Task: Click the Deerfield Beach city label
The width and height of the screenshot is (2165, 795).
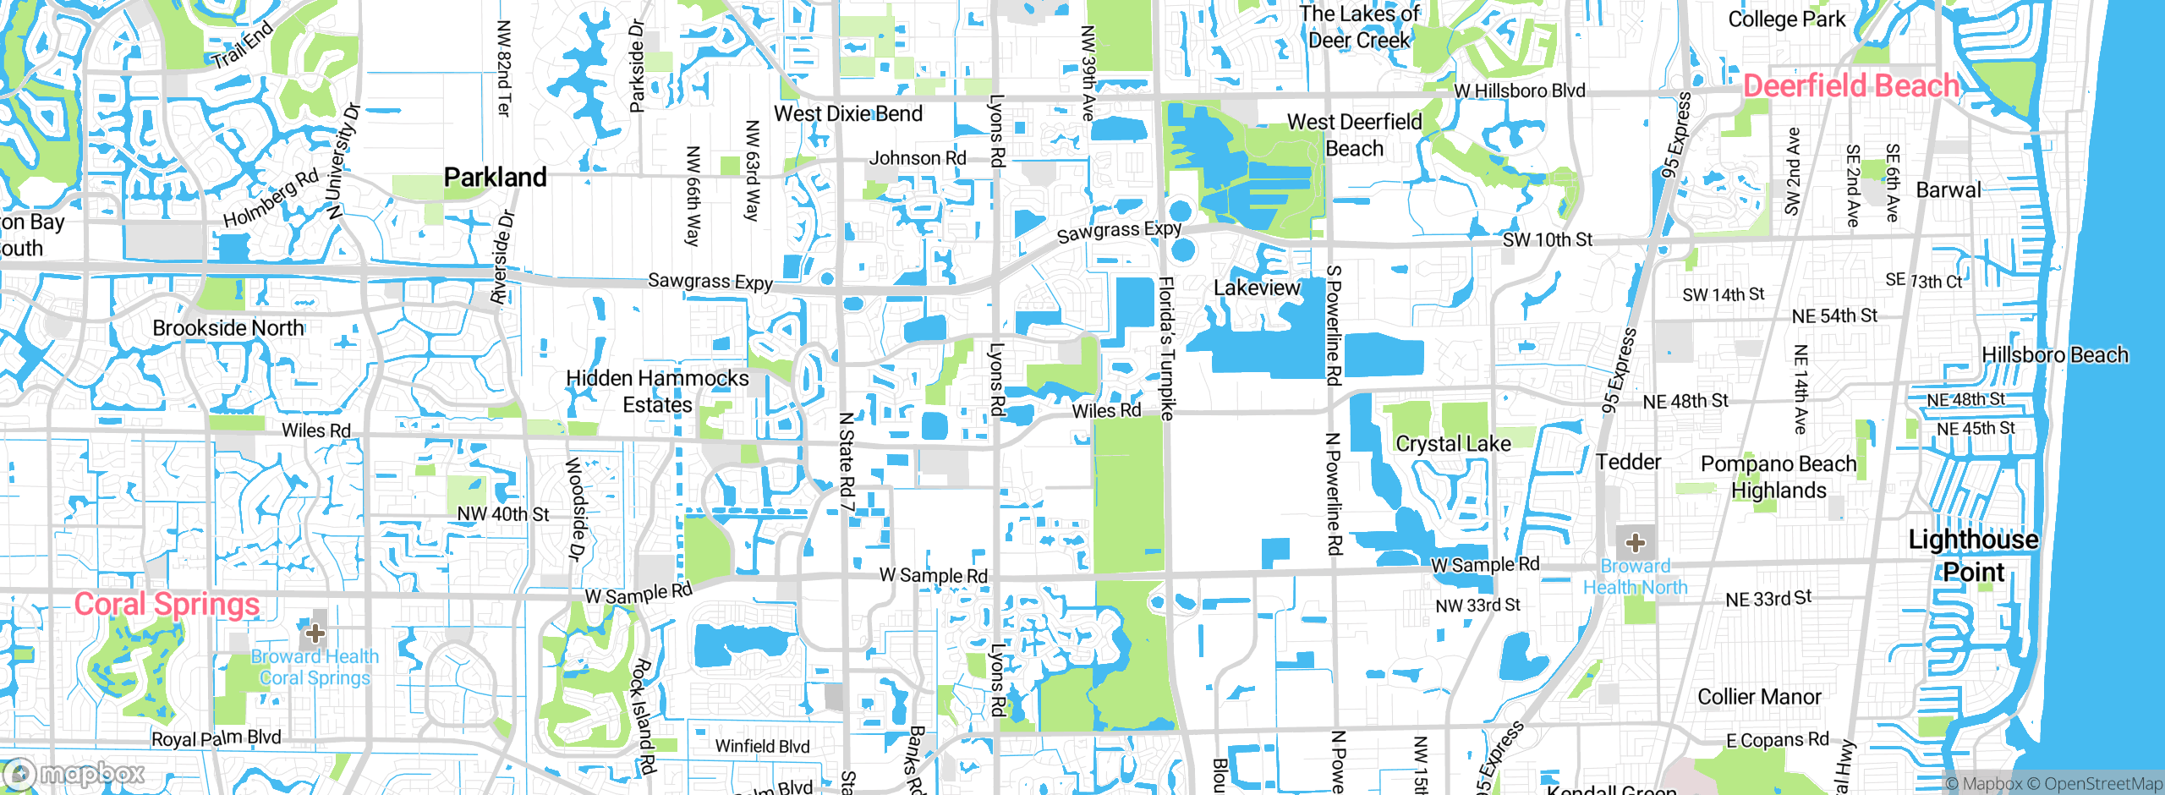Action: point(1850,86)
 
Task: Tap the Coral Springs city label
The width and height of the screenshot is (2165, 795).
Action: point(167,604)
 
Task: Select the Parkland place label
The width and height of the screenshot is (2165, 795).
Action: point(495,178)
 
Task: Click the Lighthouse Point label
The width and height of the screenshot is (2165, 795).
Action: point(1973,556)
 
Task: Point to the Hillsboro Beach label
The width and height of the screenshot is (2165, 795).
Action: point(2054,355)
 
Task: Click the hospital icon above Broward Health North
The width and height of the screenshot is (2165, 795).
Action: point(1635,542)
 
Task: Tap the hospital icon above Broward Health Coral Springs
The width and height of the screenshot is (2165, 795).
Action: point(315,633)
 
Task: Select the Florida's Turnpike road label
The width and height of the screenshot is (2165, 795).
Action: point(1166,348)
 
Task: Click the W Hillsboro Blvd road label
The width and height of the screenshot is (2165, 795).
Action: point(1519,90)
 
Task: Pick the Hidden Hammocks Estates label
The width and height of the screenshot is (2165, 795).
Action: point(657,392)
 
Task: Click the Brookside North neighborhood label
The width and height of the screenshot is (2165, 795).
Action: point(228,328)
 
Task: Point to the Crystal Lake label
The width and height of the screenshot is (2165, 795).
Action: point(1453,444)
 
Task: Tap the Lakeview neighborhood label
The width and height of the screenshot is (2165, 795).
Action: point(1257,288)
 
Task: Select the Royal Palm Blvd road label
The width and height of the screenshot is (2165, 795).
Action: point(216,738)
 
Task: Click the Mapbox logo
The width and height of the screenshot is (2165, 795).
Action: point(74,774)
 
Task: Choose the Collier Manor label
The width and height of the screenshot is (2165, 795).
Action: point(1759,697)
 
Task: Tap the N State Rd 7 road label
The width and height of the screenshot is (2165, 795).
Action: point(847,461)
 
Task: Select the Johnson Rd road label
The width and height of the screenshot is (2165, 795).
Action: point(917,158)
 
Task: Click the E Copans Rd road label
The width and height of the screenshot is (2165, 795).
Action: point(1777,741)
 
